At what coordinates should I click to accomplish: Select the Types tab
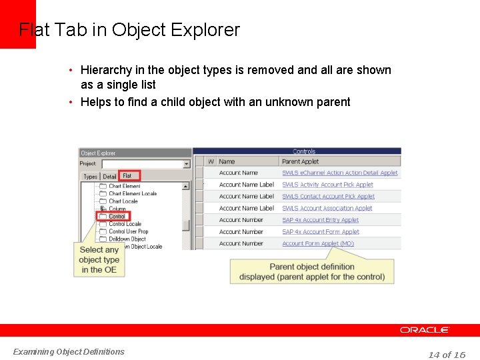click(x=90, y=177)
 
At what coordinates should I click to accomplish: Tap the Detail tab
click(x=109, y=177)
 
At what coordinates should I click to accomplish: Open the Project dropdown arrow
click(x=186, y=164)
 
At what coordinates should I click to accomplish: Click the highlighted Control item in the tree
click(x=117, y=216)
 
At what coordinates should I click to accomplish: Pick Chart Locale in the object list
click(x=123, y=201)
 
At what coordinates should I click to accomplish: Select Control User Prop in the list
click(x=128, y=231)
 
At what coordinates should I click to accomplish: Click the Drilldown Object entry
click(x=127, y=239)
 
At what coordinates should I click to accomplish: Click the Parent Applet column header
click(x=300, y=161)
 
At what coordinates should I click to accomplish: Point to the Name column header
click(x=227, y=161)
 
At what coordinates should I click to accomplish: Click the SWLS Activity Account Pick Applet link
click(x=327, y=185)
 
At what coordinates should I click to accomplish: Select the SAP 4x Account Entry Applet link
click(x=320, y=220)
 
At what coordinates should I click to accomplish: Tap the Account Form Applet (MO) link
click(x=318, y=243)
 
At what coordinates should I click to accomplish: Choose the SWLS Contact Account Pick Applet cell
click(x=328, y=197)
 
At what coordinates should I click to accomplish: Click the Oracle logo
click(x=425, y=330)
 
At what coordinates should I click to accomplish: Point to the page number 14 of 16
click(x=447, y=355)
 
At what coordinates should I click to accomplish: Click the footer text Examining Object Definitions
click(x=69, y=351)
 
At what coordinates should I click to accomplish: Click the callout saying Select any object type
click(x=99, y=260)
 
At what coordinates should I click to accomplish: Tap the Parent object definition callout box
click(x=312, y=272)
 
